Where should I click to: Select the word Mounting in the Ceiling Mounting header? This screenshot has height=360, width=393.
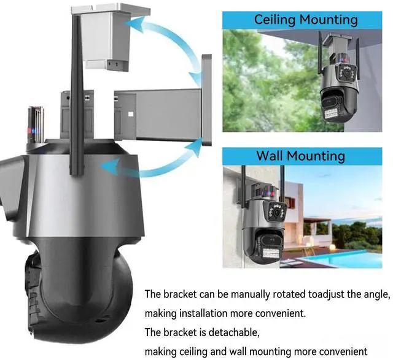click(329, 20)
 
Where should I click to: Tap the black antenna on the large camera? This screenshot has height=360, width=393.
click(76, 93)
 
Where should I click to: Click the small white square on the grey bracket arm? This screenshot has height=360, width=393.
click(131, 114)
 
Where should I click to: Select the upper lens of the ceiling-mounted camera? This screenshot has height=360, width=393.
click(347, 73)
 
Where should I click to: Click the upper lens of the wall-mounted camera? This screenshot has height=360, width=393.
click(277, 212)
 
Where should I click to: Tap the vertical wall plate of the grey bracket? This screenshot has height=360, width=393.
click(207, 100)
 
